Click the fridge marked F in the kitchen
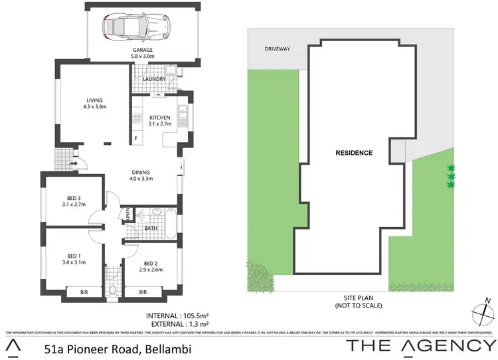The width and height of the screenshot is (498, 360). pos(137,138)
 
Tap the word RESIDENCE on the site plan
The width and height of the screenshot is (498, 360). pos(353,153)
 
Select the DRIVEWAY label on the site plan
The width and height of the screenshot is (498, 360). pos(278,49)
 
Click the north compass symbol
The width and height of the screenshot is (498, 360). pos(483,312)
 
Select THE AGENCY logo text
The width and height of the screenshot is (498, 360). pos(421,345)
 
